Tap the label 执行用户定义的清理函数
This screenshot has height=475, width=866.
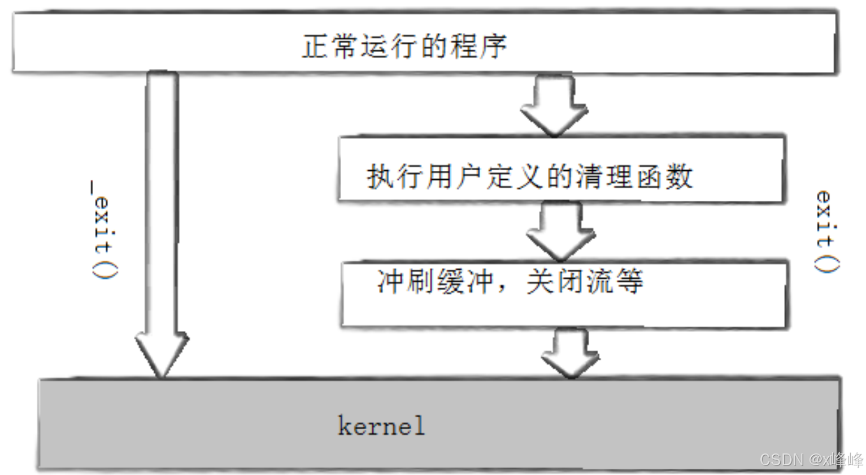click(529, 176)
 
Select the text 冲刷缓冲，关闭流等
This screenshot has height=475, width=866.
click(510, 281)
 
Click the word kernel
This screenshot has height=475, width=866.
click(381, 426)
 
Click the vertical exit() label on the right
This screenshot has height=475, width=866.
click(825, 231)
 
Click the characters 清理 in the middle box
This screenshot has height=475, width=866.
click(604, 176)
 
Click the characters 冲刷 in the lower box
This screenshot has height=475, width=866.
click(405, 281)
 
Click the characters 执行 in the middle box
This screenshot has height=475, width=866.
click(394, 176)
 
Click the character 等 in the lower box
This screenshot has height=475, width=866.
click(629, 281)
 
